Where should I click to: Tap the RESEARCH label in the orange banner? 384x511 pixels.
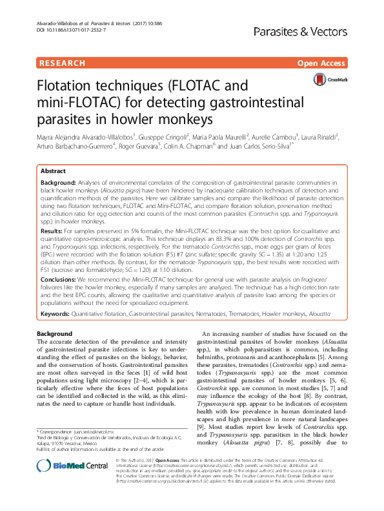click(x=62, y=63)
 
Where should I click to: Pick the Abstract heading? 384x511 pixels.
click(x=53, y=172)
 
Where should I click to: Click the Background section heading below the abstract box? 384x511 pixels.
click(x=55, y=333)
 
